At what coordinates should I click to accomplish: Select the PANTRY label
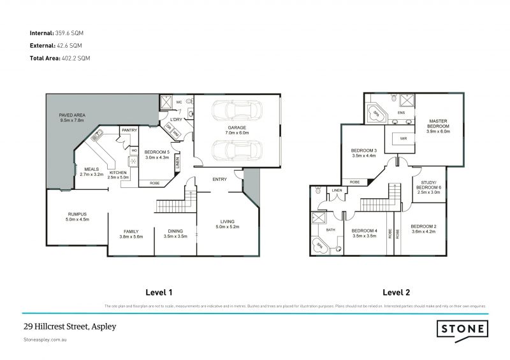click(129, 130)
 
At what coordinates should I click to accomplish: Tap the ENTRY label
click(219, 179)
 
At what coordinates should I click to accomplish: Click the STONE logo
click(463, 329)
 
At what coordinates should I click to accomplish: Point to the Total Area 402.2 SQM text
click(60, 58)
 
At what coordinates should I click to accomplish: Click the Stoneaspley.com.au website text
click(45, 340)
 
